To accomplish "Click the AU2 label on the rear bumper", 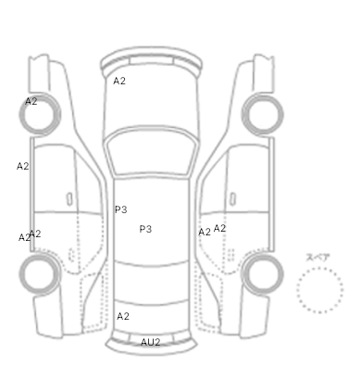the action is tap(151, 342).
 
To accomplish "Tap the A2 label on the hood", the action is tap(119, 81).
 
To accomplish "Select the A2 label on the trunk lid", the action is tap(123, 316).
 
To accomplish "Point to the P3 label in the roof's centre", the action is tap(145, 229).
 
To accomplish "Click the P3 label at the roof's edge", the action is tap(121, 209).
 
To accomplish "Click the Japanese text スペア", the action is tap(318, 258).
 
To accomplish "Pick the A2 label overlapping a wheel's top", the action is tap(31, 101).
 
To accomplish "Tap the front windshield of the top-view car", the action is tap(151, 152).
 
